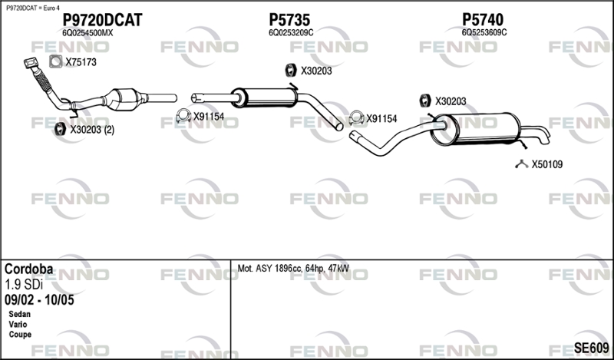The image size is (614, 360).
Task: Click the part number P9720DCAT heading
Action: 102,20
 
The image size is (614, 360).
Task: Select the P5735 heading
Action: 289,20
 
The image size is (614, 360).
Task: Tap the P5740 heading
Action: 483,20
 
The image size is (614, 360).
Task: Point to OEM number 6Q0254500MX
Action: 87,33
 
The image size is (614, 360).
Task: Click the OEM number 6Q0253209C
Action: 291,33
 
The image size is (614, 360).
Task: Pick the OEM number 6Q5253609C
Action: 484,32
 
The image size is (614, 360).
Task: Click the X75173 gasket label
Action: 81,62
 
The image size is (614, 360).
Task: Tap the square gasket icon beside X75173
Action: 55,61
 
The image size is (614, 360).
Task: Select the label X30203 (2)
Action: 92,130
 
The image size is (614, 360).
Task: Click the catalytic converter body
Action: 122,99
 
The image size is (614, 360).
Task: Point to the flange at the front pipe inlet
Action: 31,63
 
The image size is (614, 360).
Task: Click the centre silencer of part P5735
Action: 264,97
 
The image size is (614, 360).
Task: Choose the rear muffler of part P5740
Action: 476,129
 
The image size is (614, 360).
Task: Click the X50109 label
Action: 546,164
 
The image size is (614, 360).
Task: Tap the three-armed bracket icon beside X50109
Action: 522,164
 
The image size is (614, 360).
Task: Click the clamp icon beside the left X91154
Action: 183,116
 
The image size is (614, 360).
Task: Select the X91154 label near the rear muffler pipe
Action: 381,119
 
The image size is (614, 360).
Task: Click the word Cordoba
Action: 28,269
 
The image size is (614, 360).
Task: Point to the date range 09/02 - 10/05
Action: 39,300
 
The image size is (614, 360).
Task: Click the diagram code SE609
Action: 591,348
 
